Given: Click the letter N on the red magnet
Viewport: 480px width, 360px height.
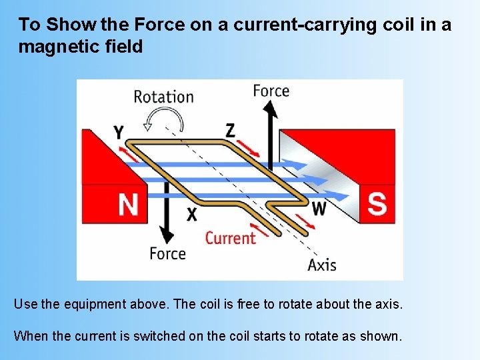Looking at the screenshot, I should [128, 204].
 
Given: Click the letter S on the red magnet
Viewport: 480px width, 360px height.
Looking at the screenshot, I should [377, 203].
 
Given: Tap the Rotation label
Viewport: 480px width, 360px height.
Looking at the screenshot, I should [163, 96].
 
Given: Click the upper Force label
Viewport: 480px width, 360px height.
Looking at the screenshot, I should [271, 91].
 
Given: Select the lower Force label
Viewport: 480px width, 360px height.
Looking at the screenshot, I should [167, 253].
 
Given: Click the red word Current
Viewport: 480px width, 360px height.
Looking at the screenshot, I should [230, 237].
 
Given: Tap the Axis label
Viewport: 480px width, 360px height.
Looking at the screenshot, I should [322, 265].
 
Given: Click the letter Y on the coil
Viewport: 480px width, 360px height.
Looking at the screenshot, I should [118, 131].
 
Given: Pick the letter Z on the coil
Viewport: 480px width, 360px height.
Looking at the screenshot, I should [230, 130].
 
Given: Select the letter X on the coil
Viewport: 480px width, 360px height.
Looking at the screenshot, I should [192, 214].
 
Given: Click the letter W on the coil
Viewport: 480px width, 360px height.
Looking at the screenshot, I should [319, 209].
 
